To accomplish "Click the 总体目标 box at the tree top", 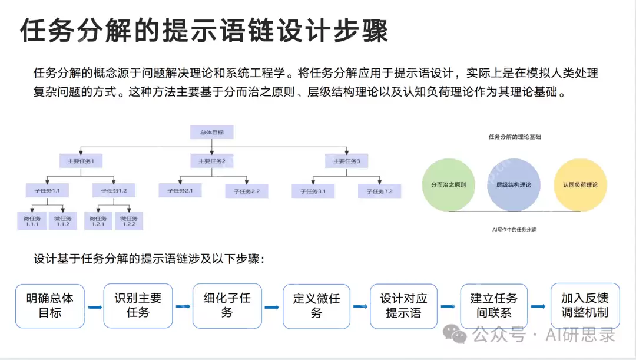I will (x=211, y=132).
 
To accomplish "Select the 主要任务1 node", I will (x=81, y=160).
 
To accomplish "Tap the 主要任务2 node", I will (x=212, y=160).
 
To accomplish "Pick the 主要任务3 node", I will (x=347, y=160).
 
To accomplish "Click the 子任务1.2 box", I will (x=114, y=190).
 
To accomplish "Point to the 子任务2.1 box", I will (x=180, y=190).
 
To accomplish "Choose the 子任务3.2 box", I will (x=380, y=190).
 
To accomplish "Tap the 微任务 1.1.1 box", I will (x=31, y=220).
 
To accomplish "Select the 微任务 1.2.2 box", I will (x=129, y=220).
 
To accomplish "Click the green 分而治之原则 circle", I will (x=449, y=185).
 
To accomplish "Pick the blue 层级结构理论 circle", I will (x=509, y=185).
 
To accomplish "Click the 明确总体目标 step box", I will (x=50, y=306).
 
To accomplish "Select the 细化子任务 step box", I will (x=227, y=306).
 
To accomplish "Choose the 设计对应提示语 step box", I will (x=403, y=306).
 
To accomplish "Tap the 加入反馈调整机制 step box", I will (x=585, y=305).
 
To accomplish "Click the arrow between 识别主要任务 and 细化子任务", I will (x=183, y=306).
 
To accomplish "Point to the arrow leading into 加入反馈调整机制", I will (x=538, y=306).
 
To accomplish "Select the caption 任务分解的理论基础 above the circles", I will (x=514, y=137).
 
